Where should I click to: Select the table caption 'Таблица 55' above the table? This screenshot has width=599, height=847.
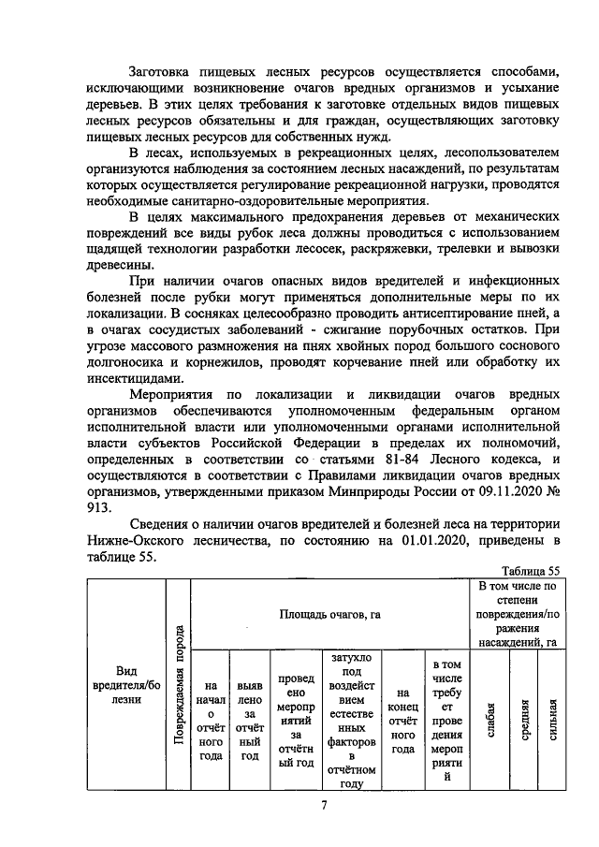click(x=530, y=570)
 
